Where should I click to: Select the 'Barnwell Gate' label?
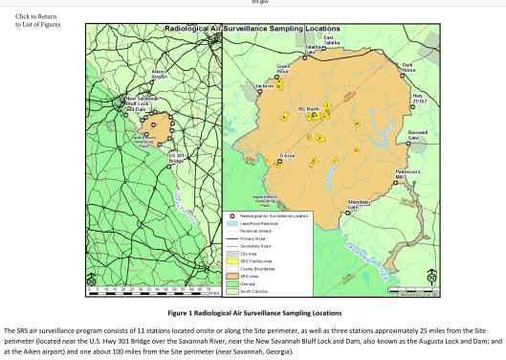point(418,135)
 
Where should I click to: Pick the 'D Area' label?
point(286,154)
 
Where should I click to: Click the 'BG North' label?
point(308,108)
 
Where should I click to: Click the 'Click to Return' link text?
point(34,15)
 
